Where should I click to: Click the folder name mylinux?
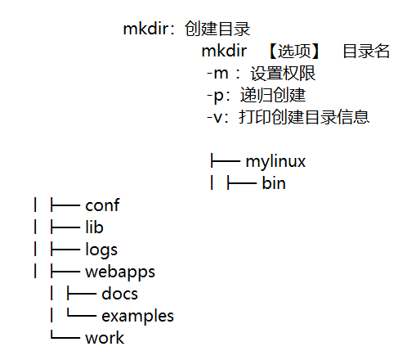[275, 161]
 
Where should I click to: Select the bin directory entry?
[274, 183]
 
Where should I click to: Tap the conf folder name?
[102, 205]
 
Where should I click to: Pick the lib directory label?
[94, 227]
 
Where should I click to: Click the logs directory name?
[101, 250]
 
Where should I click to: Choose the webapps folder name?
[119, 272]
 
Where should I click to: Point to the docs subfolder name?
[119, 294]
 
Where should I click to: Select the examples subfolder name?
[137, 316]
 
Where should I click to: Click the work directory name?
[105, 338]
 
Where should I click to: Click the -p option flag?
[216, 96]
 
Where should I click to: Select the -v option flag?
[216, 118]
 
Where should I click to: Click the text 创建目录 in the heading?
[217, 30]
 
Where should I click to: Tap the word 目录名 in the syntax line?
[365, 52]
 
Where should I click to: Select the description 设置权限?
[284, 74]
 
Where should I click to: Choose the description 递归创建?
[273, 96]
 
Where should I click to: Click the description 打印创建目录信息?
[304, 118]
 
